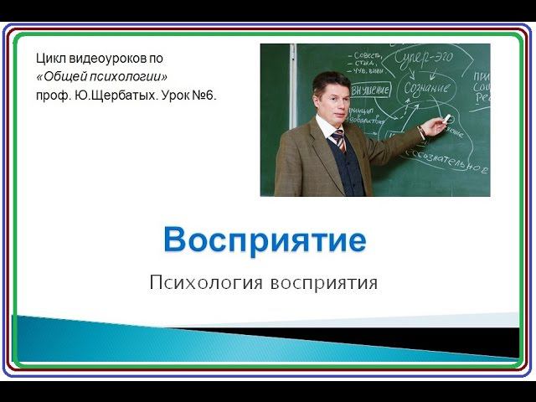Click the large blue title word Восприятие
coord(265,240)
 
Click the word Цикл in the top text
coord(49,59)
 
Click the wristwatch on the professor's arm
coord(421,131)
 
